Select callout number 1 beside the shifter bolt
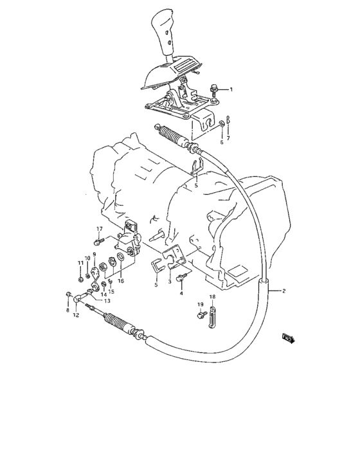[x=232, y=89]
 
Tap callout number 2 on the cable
[x=284, y=291]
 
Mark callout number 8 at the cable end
[x=67, y=310]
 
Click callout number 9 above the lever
[x=94, y=255]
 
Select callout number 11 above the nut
[x=80, y=263]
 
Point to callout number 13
[x=107, y=300]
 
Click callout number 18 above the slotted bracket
[x=212, y=296]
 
